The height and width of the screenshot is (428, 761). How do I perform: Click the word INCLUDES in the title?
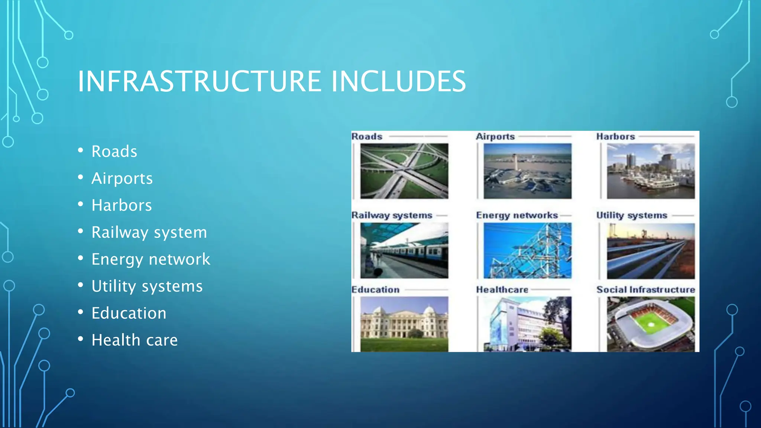(x=398, y=81)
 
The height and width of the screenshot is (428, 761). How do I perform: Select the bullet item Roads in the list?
(x=114, y=152)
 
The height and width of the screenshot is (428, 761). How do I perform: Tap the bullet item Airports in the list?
(x=122, y=178)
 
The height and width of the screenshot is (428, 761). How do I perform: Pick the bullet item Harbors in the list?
(x=122, y=205)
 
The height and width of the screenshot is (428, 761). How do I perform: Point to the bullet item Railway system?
(x=149, y=233)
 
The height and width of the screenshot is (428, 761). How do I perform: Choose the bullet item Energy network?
(x=150, y=259)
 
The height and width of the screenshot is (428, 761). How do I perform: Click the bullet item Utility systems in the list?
(x=147, y=286)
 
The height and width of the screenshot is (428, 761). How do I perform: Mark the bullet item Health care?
(x=135, y=340)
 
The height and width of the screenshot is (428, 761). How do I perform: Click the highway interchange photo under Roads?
(x=404, y=171)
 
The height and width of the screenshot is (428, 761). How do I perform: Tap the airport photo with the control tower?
(x=527, y=171)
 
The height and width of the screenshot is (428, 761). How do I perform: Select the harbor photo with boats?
(x=651, y=171)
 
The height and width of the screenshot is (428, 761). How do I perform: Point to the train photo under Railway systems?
(x=404, y=250)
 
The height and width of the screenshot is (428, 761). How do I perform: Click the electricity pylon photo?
(x=527, y=250)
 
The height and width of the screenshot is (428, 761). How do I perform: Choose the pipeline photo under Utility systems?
(x=651, y=251)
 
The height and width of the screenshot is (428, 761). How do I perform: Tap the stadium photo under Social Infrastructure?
(x=651, y=324)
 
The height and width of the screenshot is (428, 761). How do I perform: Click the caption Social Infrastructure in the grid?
(x=645, y=290)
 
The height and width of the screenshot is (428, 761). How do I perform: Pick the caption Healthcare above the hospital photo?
(x=502, y=290)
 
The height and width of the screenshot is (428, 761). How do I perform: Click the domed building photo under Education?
(x=404, y=324)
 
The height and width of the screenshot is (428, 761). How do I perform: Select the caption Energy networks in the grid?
(x=517, y=215)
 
